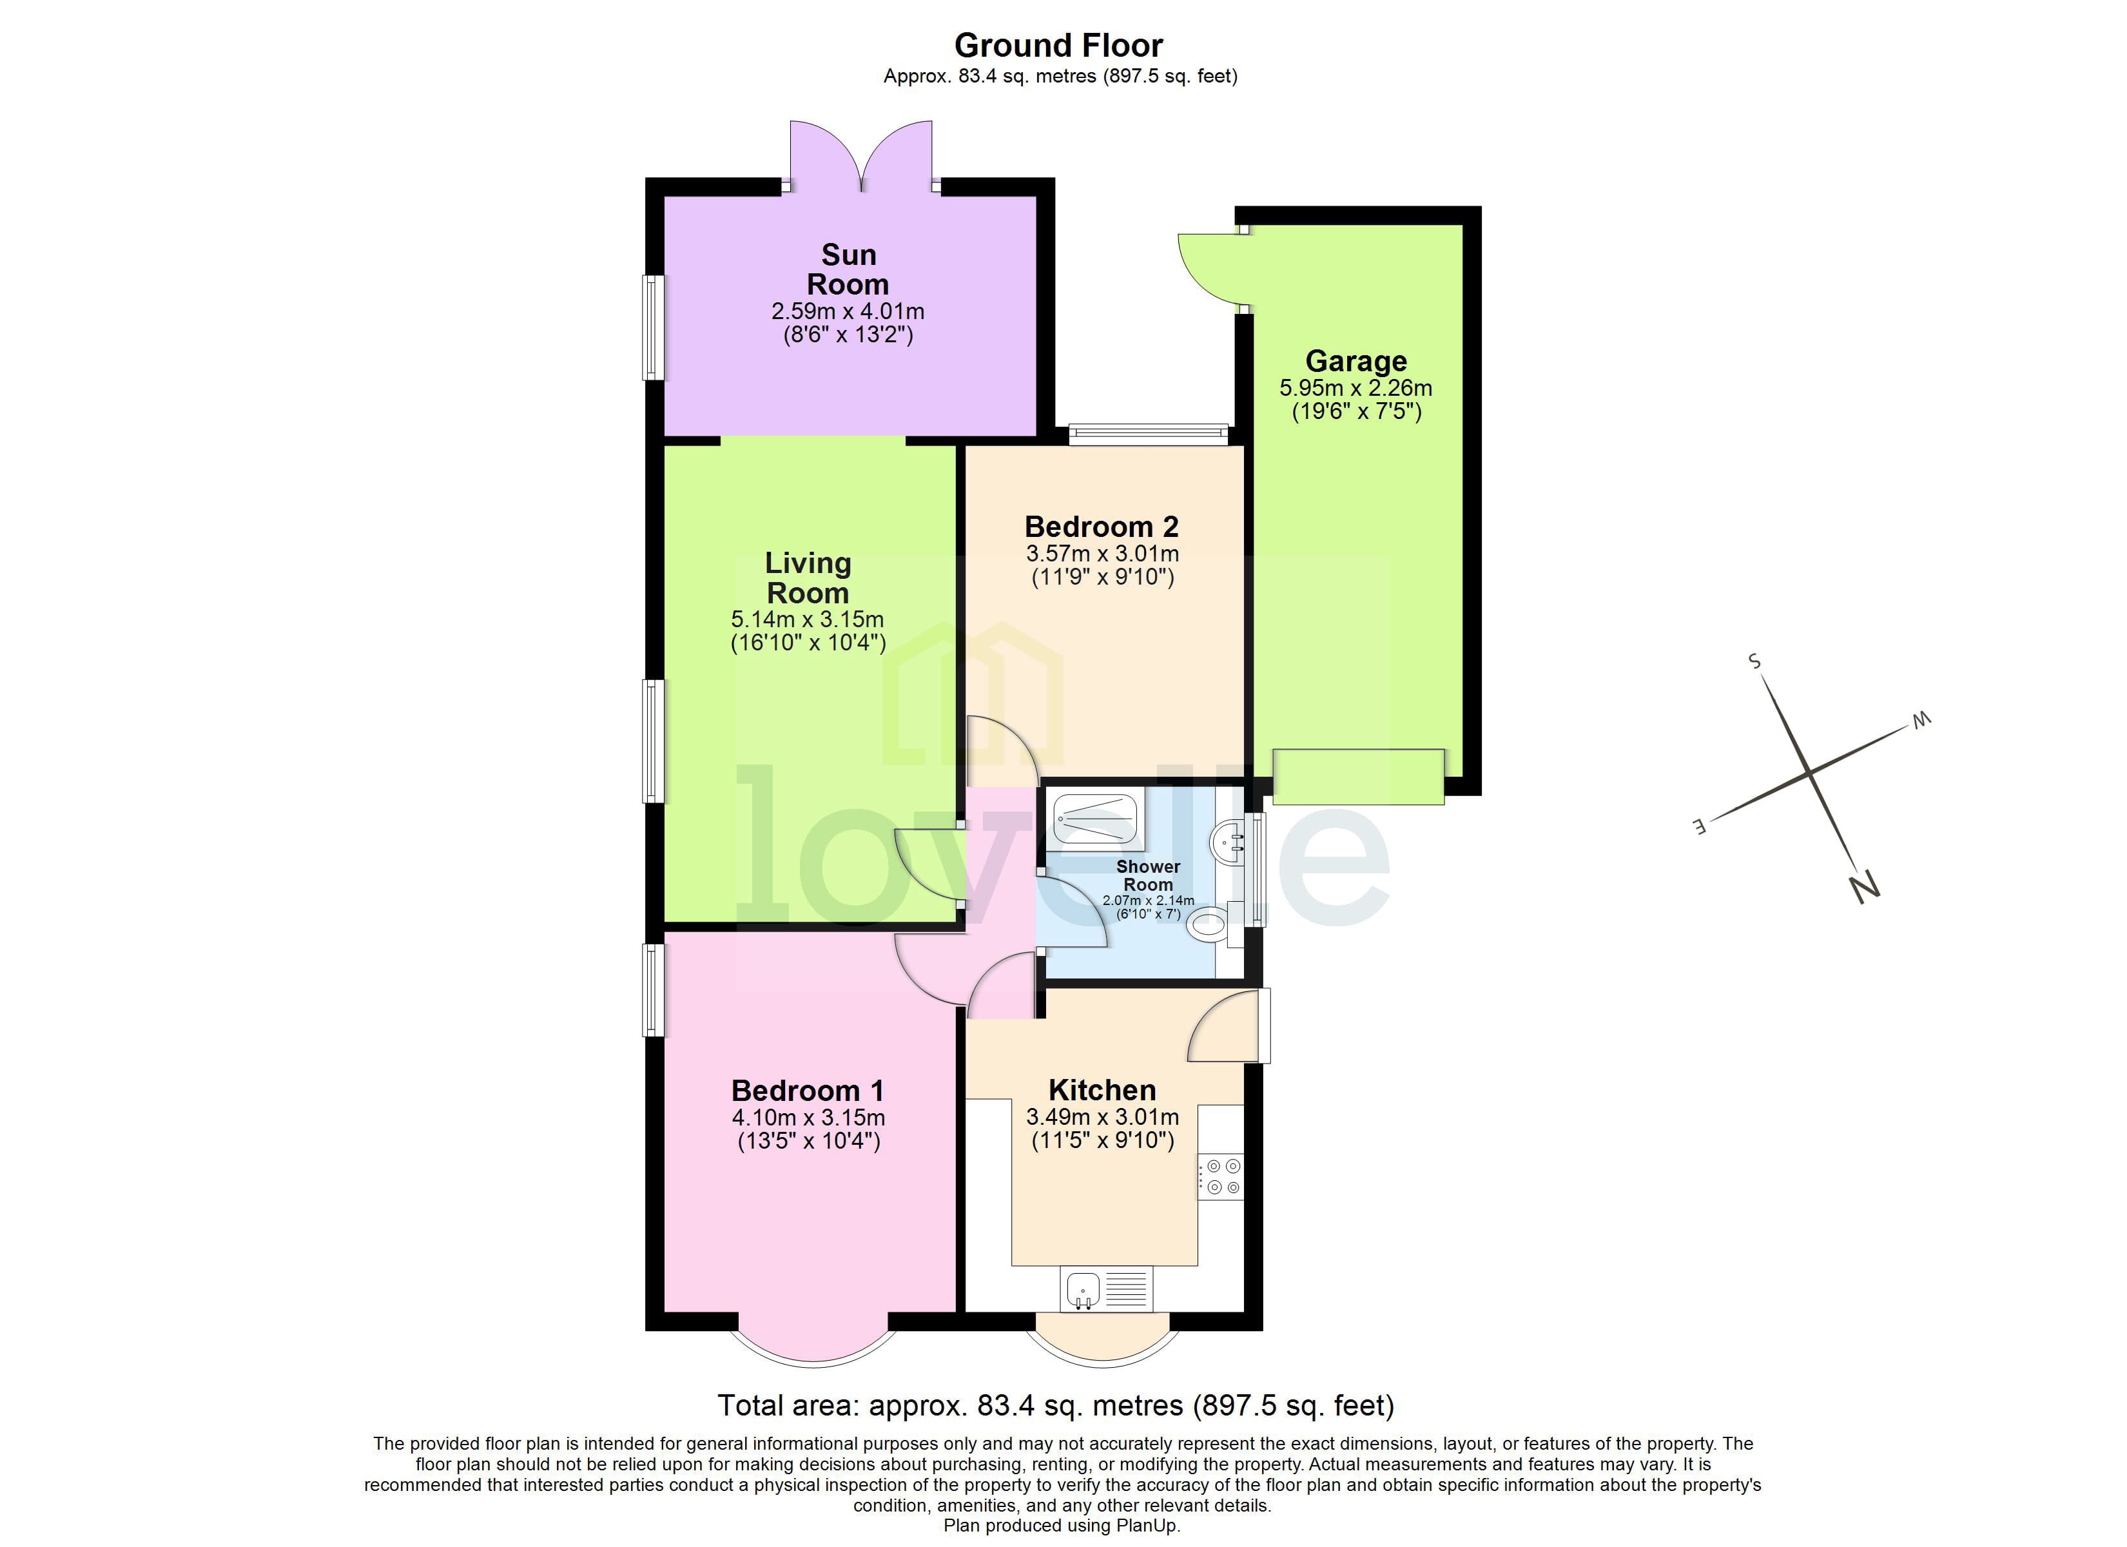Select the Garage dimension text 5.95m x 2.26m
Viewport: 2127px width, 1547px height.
coord(1355,387)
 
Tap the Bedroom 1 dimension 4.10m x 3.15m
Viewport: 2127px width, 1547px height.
coord(808,1117)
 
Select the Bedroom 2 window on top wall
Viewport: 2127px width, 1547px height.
coord(1148,433)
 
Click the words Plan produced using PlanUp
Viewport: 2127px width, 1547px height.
coord(1062,1526)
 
